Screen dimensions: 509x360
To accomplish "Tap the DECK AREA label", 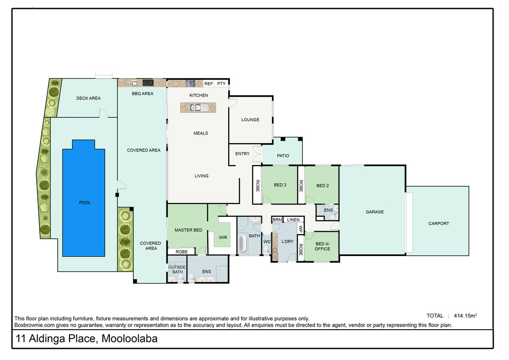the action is pyautogui.click(x=88, y=98).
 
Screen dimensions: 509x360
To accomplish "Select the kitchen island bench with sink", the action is pyautogui.click(x=198, y=107).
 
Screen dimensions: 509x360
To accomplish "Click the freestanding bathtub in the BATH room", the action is pyautogui.click(x=242, y=244).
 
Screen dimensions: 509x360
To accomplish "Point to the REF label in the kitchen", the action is pyautogui.click(x=208, y=84).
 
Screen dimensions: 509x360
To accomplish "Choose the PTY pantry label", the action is pyautogui.click(x=221, y=84).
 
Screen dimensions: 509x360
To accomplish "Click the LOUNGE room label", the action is pyautogui.click(x=251, y=119).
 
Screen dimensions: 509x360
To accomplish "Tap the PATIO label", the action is pyautogui.click(x=283, y=156).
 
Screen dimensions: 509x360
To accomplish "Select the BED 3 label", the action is pyautogui.click(x=280, y=184).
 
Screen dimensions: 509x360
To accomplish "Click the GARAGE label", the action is pyautogui.click(x=375, y=212).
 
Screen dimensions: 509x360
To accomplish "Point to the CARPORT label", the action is pyautogui.click(x=438, y=223).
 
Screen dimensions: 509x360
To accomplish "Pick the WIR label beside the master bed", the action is pyautogui.click(x=223, y=237).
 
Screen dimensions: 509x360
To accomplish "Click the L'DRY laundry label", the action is pyautogui.click(x=287, y=241).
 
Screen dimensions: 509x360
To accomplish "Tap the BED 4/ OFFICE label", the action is pyautogui.click(x=322, y=246).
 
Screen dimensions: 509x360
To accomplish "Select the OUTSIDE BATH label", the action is pyautogui.click(x=177, y=270).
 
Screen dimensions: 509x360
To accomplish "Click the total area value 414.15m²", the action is pyautogui.click(x=465, y=316).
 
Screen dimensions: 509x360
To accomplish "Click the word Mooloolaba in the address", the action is pyautogui.click(x=130, y=339).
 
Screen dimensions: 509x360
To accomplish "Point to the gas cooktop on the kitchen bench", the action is pyautogui.click(x=190, y=83).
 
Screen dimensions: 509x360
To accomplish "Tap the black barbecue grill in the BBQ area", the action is pyautogui.click(x=148, y=83).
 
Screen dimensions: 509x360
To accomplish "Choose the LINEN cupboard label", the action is pyautogui.click(x=293, y=220).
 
